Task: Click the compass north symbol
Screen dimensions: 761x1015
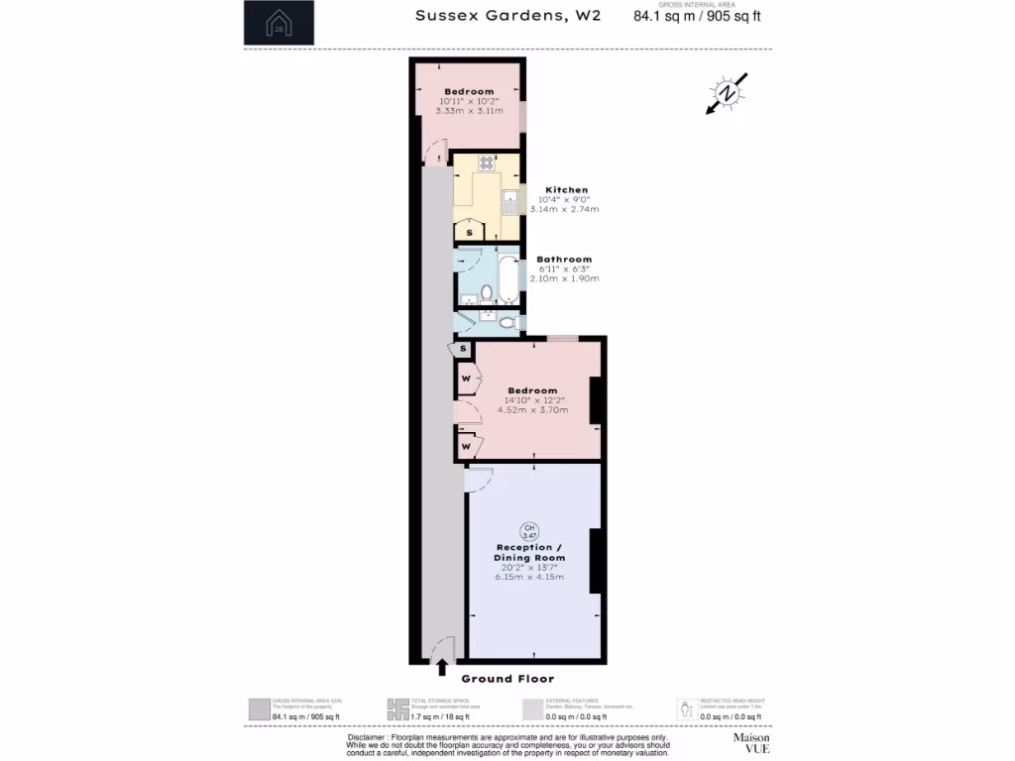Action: pos(728,93)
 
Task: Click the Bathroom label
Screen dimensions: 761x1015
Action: pos(564,260)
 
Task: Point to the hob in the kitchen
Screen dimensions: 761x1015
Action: pos(487,163)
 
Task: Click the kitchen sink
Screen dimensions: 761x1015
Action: pos(509,201)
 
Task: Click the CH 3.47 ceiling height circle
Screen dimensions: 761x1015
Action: pos(529,530)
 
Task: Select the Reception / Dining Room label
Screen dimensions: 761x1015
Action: pos(529,553)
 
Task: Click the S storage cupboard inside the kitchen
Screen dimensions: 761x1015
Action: pos(470,232)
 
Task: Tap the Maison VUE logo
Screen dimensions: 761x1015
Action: pos(750,743)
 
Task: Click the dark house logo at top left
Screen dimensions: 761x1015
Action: pos(279,22)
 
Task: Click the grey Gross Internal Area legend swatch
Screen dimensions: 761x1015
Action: pos(259,709)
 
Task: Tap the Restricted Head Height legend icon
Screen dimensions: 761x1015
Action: pos(685,709)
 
